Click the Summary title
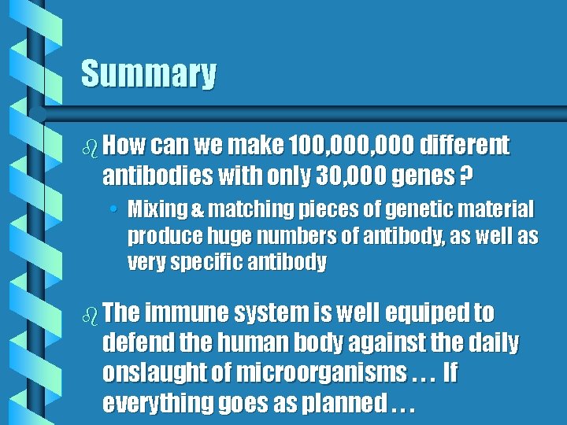pos(148,74)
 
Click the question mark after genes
pos(466,176)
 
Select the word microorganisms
pos(322,373)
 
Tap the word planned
pos(348,404)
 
